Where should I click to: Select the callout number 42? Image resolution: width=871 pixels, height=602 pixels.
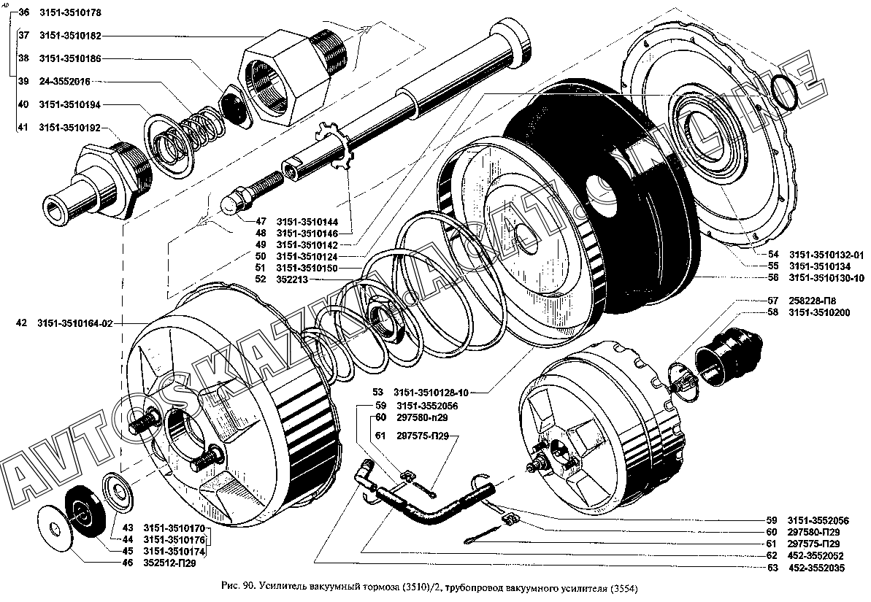coord(22,323)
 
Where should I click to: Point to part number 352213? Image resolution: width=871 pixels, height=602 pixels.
coord(292,279)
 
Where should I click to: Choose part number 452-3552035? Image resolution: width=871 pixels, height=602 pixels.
coord(816,567)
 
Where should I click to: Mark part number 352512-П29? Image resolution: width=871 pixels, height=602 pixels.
coord(169,563)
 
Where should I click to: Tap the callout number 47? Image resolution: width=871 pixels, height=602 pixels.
coord(261,221)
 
